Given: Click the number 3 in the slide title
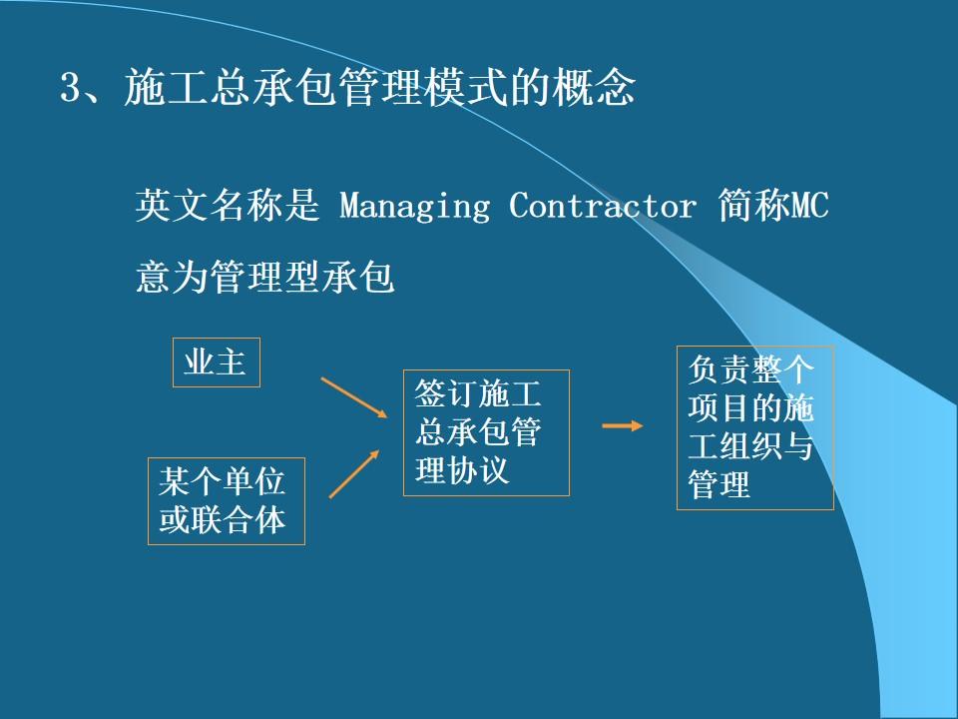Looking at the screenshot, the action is (x=70, y=90).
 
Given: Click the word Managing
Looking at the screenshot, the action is (x=415, y=207).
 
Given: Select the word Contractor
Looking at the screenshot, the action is (x=602, y=207).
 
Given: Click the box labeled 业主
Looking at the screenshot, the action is (x=216, y=361).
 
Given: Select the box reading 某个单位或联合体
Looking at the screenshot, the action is (x=226, y=500).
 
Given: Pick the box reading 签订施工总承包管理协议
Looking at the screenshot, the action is (x=486, y=432).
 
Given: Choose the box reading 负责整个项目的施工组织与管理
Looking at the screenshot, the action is (x=754, y=427).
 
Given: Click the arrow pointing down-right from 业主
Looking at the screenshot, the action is (x=353, y=396).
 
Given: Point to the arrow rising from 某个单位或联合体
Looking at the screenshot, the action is (x=354, y=472).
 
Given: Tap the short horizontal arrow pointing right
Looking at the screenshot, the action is (x=623, y=426).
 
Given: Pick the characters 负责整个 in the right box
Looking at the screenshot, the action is (x=751, y=370).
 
